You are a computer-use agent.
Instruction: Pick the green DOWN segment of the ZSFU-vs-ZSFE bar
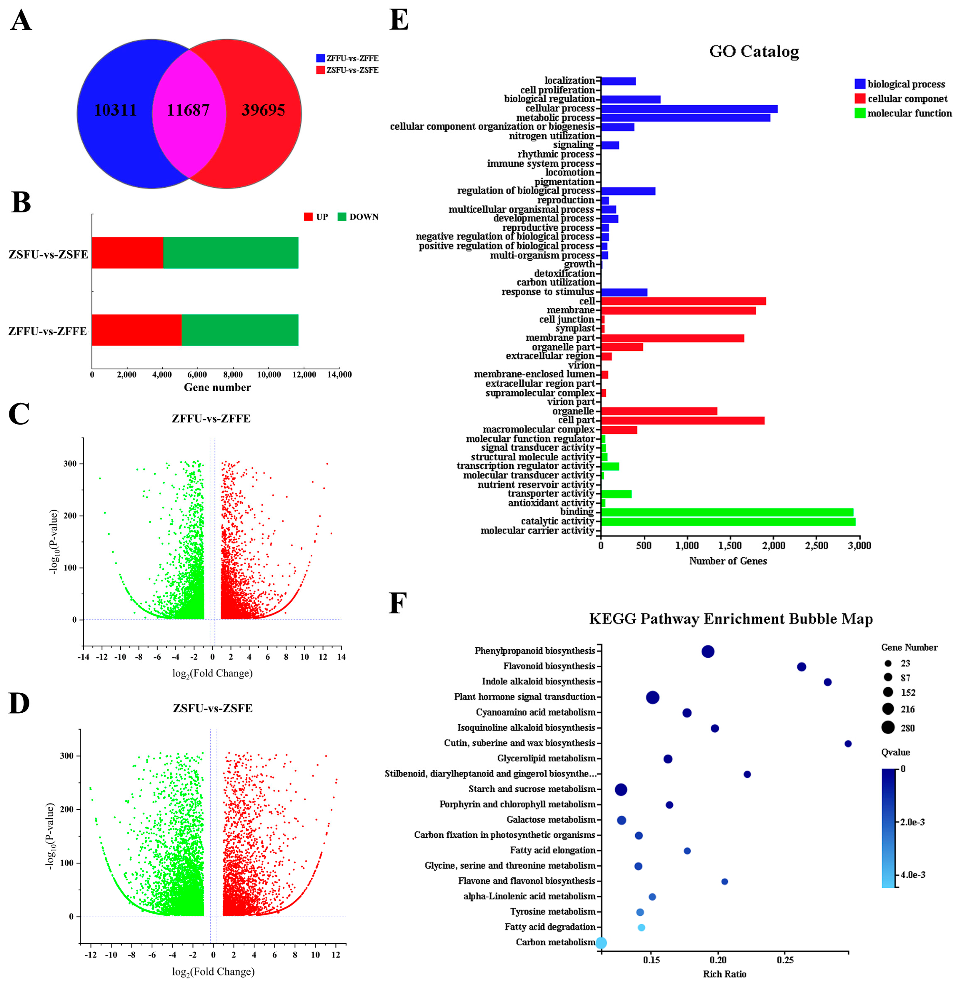click(x=231, y=253)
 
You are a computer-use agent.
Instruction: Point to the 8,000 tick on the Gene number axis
click(x=233, y=374)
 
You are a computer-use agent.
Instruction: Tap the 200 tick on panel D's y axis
click(x=66, y=809)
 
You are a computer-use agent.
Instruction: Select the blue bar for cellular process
click(x=689, y=109)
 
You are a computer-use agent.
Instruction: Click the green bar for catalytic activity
click(x=728, y=522)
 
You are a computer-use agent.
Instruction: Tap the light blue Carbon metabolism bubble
click(x=601, y=943)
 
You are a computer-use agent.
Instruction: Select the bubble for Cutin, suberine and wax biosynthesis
click(x=848, y=743)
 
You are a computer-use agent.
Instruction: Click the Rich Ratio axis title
click(x=724, y=974)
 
